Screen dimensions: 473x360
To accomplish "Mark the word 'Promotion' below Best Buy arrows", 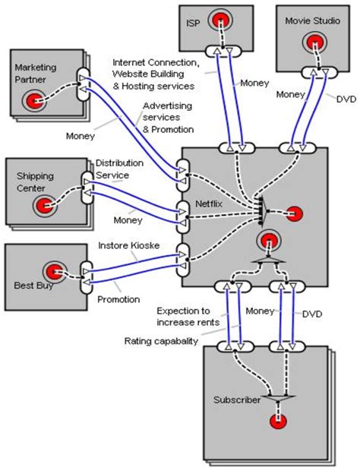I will point(119,299).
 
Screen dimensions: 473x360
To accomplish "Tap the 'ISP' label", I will point(193,23).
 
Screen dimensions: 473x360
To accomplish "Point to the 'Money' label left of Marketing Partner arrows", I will point(80,137).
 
